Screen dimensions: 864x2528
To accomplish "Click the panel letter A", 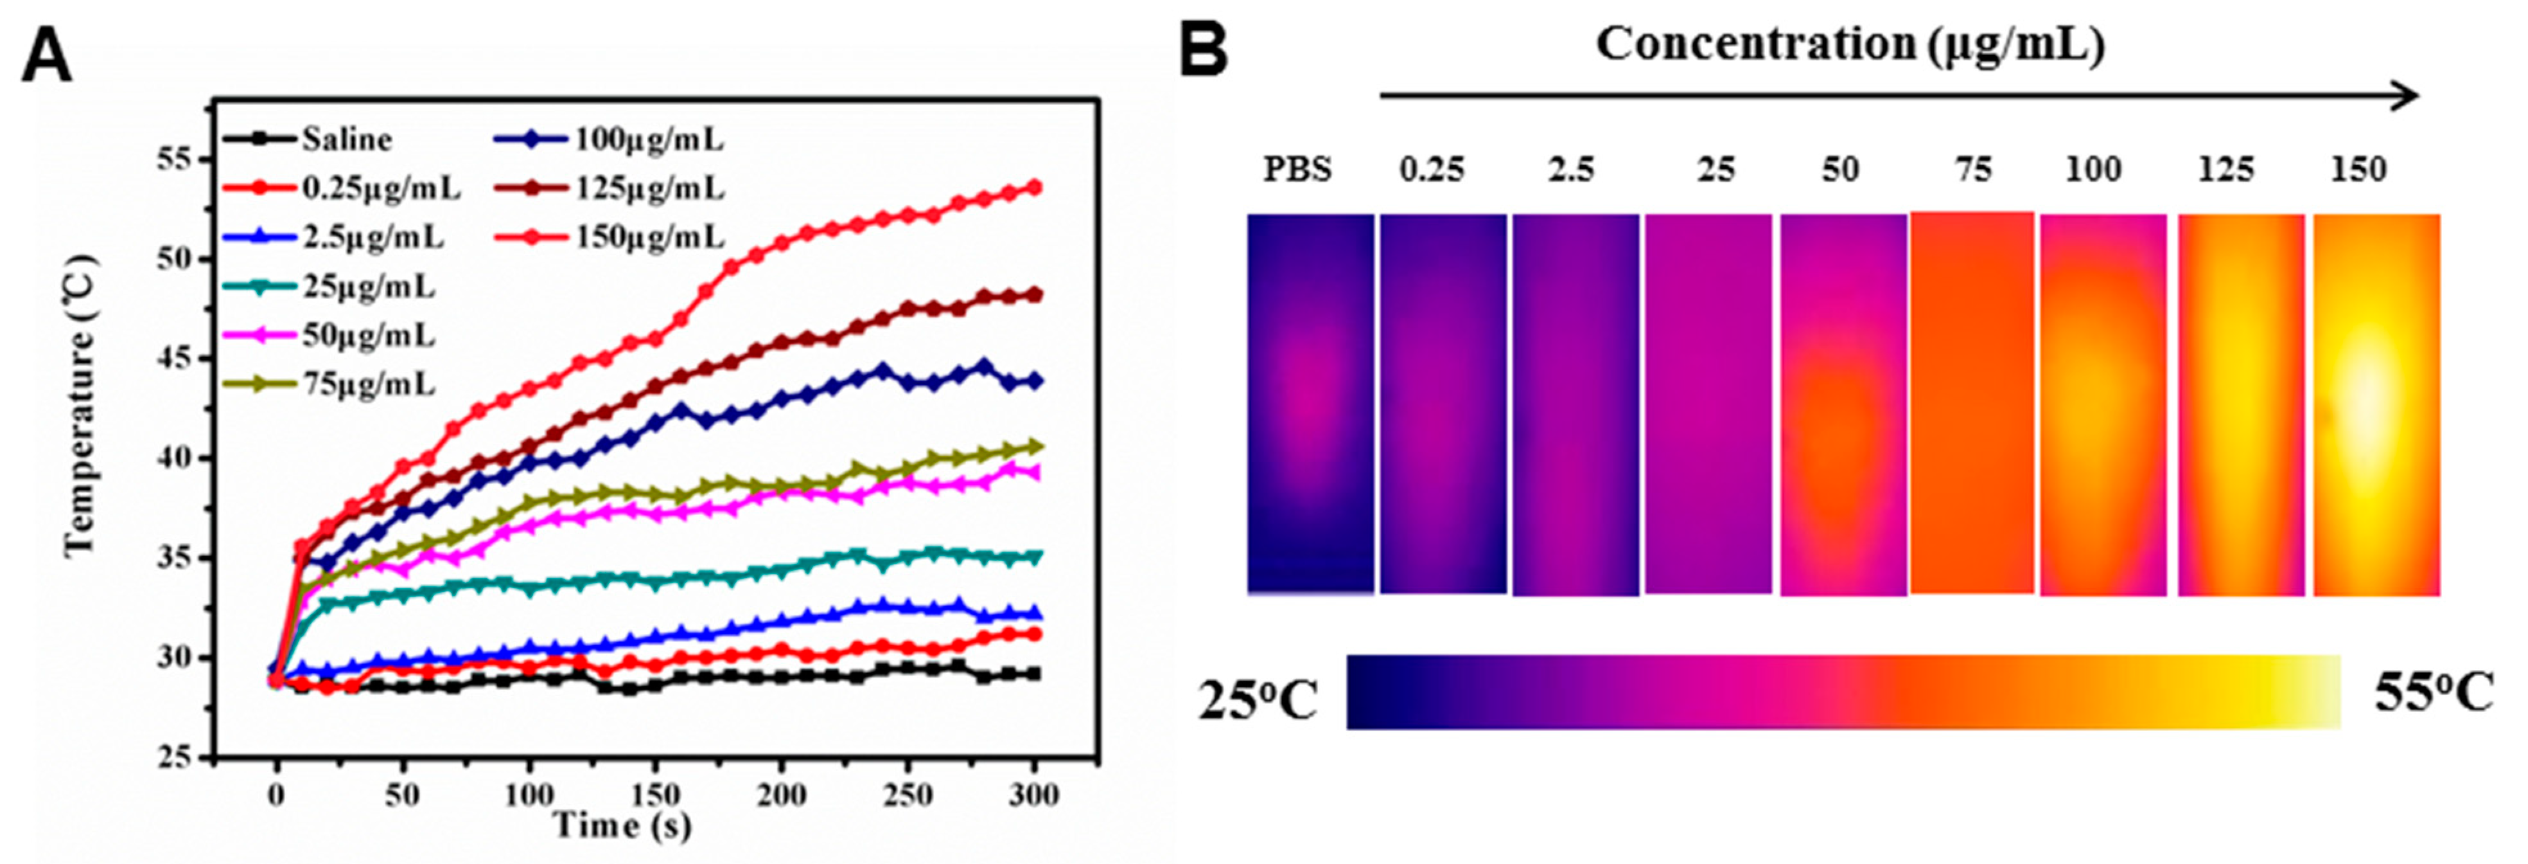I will pyautogui.click(x=46, y=57).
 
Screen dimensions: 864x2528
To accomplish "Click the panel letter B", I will pyautogui.click(x=1203, y=51).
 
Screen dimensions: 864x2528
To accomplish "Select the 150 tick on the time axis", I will pyautogui.click(x=656, y=793).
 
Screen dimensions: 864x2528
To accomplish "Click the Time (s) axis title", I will pyautogui.click(x=621, y=825).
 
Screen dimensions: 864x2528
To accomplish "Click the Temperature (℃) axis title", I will pyautogui.click(x=80, y=406).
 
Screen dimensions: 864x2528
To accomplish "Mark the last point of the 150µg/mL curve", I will pyautogui.click(x=1032, y=186).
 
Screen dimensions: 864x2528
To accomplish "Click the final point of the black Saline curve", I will pyautogui.click(x=1032, y=674).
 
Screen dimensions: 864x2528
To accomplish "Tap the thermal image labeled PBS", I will pyautogui.click(x=1310, y=402).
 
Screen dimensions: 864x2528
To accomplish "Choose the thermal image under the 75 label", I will pyautogui.click(x=1972, y=402).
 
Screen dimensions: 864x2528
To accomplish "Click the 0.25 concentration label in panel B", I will pyautogui.click(x=1432, y=170).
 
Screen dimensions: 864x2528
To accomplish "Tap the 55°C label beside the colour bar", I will pyautogui.click(x=2434, y=693).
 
